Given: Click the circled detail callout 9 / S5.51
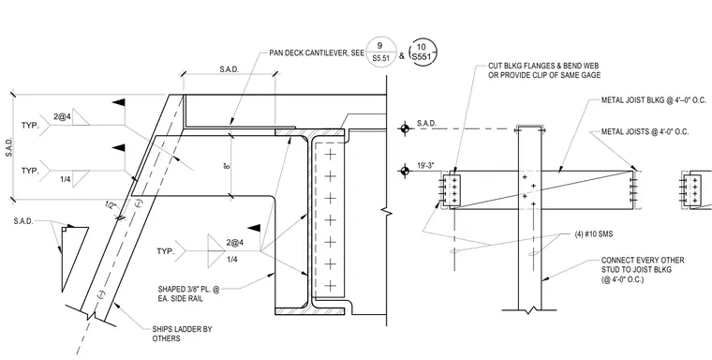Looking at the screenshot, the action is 380,52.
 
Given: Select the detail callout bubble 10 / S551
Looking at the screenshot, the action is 423,52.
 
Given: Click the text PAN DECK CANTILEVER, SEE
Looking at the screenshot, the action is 317,53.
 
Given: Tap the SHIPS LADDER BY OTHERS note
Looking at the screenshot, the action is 182,334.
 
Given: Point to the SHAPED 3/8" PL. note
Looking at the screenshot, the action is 188,293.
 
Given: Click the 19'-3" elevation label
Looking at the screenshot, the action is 425,165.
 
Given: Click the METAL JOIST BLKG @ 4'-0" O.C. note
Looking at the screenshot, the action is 654,100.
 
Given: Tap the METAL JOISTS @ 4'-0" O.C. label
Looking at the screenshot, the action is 645,132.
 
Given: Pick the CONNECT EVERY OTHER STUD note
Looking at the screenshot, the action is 643,270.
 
